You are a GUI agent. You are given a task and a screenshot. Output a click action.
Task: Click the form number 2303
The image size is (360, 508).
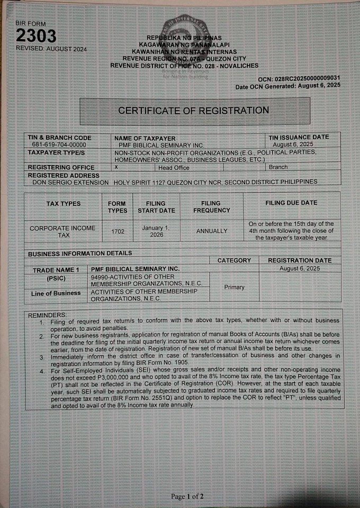tap(36, 36)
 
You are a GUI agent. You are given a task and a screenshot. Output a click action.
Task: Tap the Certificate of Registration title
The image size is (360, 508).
tap(193, 111)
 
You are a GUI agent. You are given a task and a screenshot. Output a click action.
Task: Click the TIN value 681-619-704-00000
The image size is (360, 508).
tap(59, 144)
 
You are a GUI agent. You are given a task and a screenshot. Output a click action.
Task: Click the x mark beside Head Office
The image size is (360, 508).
tap(116, 167)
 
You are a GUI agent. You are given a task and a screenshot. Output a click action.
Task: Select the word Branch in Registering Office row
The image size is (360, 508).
tap(278, 167)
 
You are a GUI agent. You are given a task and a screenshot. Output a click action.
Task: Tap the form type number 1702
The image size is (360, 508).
tap(118, 231)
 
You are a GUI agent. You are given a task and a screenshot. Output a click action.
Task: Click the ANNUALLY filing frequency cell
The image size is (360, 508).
tap(211, 231)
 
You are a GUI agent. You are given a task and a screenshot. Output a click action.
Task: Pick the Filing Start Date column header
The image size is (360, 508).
tap(156, 207)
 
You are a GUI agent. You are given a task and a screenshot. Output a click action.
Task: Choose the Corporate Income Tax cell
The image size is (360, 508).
tap(62, 231)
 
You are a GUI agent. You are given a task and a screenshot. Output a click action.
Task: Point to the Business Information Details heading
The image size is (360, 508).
tap(80, 253)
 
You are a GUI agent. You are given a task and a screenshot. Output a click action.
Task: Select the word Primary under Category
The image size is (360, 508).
tap(234, 287)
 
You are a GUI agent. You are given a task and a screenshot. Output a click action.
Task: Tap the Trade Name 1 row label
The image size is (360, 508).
tap(56, 270)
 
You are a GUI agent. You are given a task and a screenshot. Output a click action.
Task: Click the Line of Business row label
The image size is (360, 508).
tap(56, 293)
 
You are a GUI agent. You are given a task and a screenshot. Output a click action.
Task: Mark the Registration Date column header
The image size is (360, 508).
tap(300, 260)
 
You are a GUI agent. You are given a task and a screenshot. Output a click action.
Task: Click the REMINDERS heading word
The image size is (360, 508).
tap(48, 315)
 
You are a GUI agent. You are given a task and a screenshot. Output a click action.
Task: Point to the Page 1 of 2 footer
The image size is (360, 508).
tap(187, 496)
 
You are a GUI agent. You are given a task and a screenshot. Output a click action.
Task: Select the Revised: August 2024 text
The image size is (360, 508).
tap(51, 49)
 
